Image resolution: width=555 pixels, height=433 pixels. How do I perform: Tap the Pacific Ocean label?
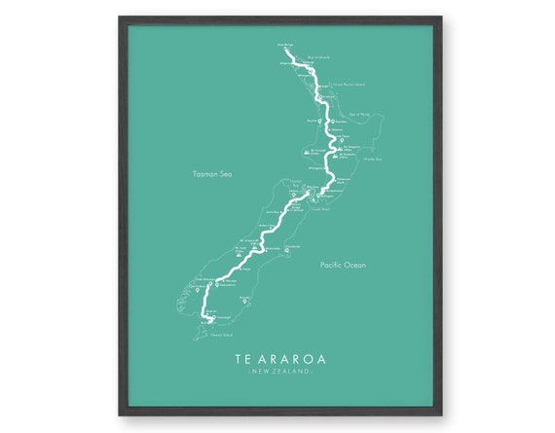[x=343, y=264]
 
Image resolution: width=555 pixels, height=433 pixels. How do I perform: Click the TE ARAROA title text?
[x=279, y=358]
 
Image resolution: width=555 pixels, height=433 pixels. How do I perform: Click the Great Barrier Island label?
[x=348, y=85]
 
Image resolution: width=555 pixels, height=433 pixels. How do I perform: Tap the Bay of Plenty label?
[x=361, y=114]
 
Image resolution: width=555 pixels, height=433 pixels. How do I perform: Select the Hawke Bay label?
[x=374, y=158]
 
